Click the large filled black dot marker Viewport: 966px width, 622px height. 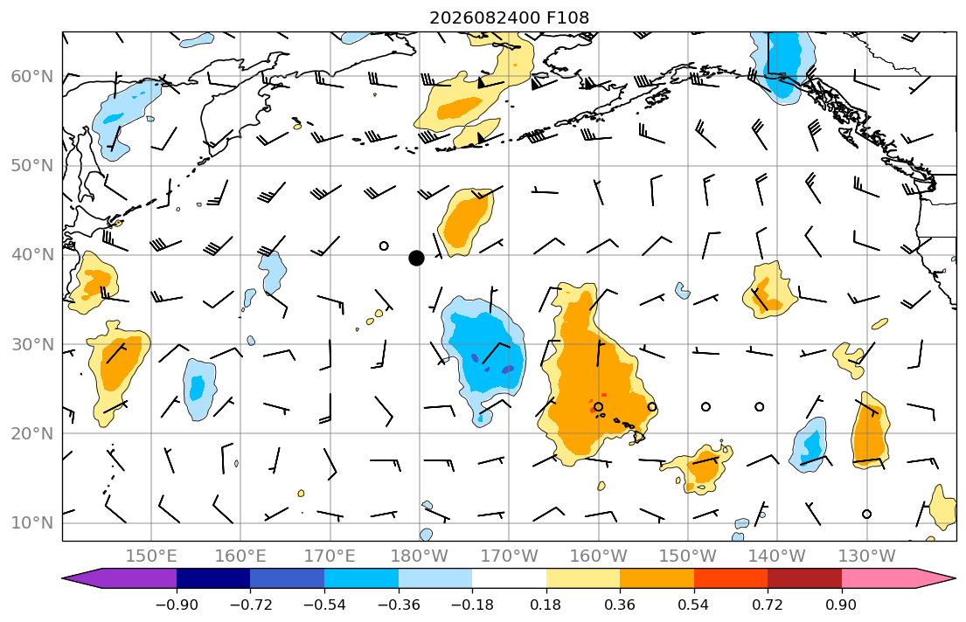point(416,258)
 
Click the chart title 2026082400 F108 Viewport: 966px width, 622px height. point(510,17)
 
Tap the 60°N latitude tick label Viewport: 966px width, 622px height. point(32,76)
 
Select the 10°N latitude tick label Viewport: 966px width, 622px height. point(32,523)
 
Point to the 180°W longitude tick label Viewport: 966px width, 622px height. point(420,556)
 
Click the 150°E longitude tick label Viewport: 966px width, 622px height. point(151,556)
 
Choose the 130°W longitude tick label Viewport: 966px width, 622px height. point(867,556)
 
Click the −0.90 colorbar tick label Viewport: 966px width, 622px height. point(177,605)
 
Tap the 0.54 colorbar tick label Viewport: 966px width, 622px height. point(694,605)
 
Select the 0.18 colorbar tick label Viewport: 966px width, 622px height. point(546,605)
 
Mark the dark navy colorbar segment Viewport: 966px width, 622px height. point(213,578)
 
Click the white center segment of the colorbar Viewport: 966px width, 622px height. point(509,578)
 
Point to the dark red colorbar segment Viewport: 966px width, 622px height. point(804,578)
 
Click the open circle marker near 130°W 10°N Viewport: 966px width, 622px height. point(867,515)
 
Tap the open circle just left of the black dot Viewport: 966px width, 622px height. point(384,245)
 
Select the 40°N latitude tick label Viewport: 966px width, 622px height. point(32,255)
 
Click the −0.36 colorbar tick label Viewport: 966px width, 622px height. point(399,605)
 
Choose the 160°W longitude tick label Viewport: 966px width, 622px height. point(598,556)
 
